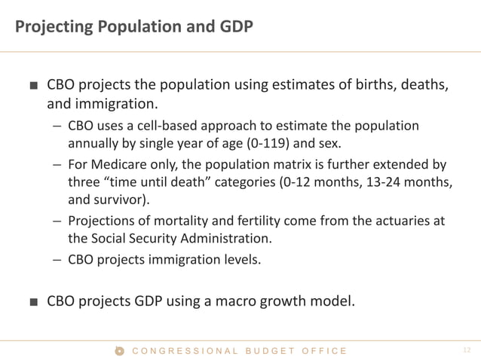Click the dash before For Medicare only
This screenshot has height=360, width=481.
[x=57, y=164]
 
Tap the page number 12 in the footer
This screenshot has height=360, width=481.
[x=465, y=350]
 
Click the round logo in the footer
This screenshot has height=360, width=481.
[x=118, y=350]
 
